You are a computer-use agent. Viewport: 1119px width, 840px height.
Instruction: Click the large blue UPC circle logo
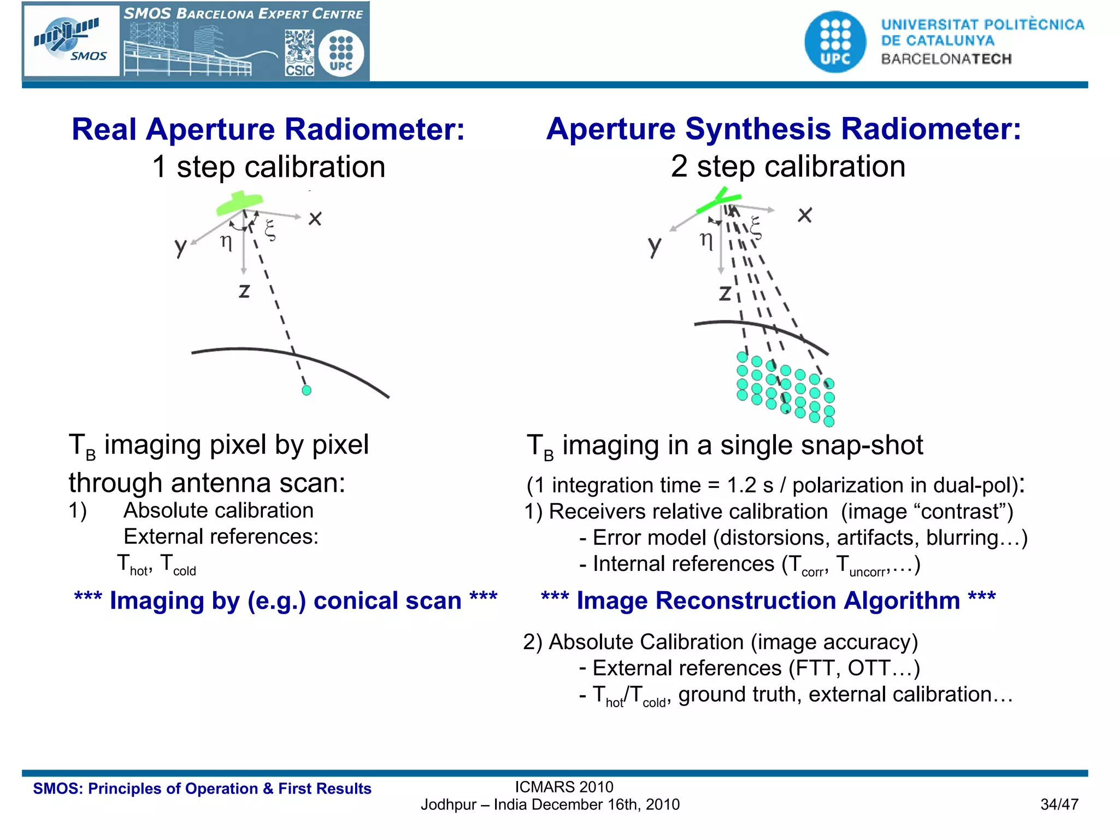[x=835, y=42]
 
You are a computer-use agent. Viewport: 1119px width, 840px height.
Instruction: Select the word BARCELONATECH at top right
[x=946, y=59]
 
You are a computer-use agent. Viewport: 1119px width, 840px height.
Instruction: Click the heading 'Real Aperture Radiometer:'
[x=268, y=130]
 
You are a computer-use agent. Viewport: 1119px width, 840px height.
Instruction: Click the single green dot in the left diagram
[x=307, y=390]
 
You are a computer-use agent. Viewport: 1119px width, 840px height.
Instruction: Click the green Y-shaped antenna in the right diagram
[x=719, y=201]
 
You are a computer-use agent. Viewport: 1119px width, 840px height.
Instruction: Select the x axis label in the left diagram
[x=315, y=219]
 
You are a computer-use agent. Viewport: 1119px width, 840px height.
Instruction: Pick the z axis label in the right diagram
[x=725, y=293]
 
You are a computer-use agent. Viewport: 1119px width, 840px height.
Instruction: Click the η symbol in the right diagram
[x=706, y=240]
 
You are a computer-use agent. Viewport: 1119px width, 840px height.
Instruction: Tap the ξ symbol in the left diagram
[x=270, y=230]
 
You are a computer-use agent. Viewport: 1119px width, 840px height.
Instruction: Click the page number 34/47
[x=1059, y=804]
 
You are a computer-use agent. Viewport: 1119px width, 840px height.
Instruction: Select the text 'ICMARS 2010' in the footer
[x=564, y=787]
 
